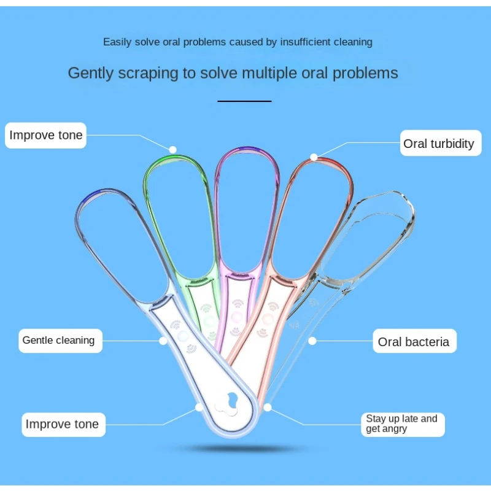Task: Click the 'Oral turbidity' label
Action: (x=438, y=144)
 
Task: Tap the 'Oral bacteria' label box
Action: (x=414, y=342)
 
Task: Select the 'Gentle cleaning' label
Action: (x=58, y=340)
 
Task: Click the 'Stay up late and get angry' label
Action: (x=402, y=423)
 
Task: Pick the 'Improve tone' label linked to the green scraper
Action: (x=46, y=135)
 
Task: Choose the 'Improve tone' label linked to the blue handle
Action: (x=61, y=424)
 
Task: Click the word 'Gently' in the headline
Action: (x=91, y=73)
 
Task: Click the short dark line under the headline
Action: (x=244, y=101)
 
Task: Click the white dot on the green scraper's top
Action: (x=173, y=149)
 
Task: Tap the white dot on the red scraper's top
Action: (x=314, y=157)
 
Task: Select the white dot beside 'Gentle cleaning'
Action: (x=163, y=340)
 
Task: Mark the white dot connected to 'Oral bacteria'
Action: (x=312, y=341)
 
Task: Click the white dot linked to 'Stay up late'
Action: (x=268, y=407)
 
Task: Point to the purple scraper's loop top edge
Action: (x=245, y=150)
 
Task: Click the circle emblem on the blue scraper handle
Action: (x=182, y=337)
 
